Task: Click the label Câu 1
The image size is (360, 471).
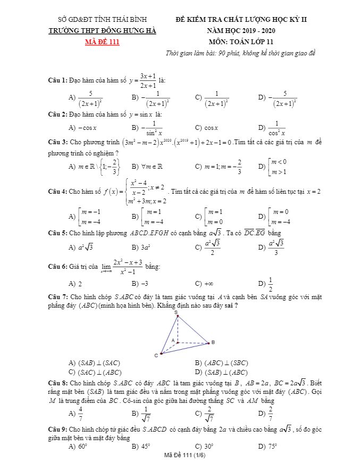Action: click(x=57, y=80)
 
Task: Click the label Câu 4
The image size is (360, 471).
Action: click(x=57, y=192)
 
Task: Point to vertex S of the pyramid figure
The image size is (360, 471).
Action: click(x=175, y=312)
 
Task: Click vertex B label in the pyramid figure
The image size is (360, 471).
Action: click(x=213, y=342)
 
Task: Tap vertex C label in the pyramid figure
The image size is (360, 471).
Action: click(x=156, y=355)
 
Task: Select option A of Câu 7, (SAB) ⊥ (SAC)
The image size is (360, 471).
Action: click(x=93, y=363)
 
